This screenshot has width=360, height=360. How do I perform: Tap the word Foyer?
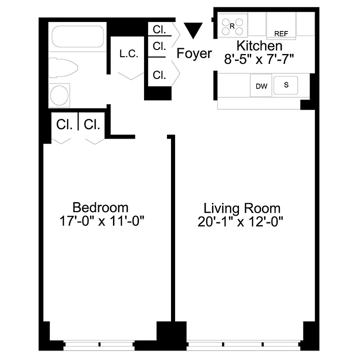pyautogui.click(x=194, y=54)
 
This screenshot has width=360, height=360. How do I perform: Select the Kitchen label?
pyautogui.click(x=260, y=46)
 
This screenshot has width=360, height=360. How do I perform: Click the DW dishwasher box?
pyautogui.click(x=261, y=86)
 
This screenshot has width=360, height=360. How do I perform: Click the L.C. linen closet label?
pyautogui.click(x=129, y=54)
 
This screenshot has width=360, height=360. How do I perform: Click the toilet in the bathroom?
pyautogui.click(x=64, y=68)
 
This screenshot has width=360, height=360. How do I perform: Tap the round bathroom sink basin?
pyautogui.click(x=59, y=95)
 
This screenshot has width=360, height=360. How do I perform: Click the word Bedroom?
pyautogui.click(x=100, y=208)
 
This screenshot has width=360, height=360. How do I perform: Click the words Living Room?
pyautogui.click(x=242, y=209)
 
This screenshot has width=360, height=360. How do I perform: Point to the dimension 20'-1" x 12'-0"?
pyautogui.click(x=242, y=222)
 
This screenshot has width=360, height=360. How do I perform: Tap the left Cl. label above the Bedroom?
pyautogui.click(x=64, y=124)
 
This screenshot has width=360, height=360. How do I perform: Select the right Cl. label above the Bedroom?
pyautogui.click(x=92, y=124)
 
